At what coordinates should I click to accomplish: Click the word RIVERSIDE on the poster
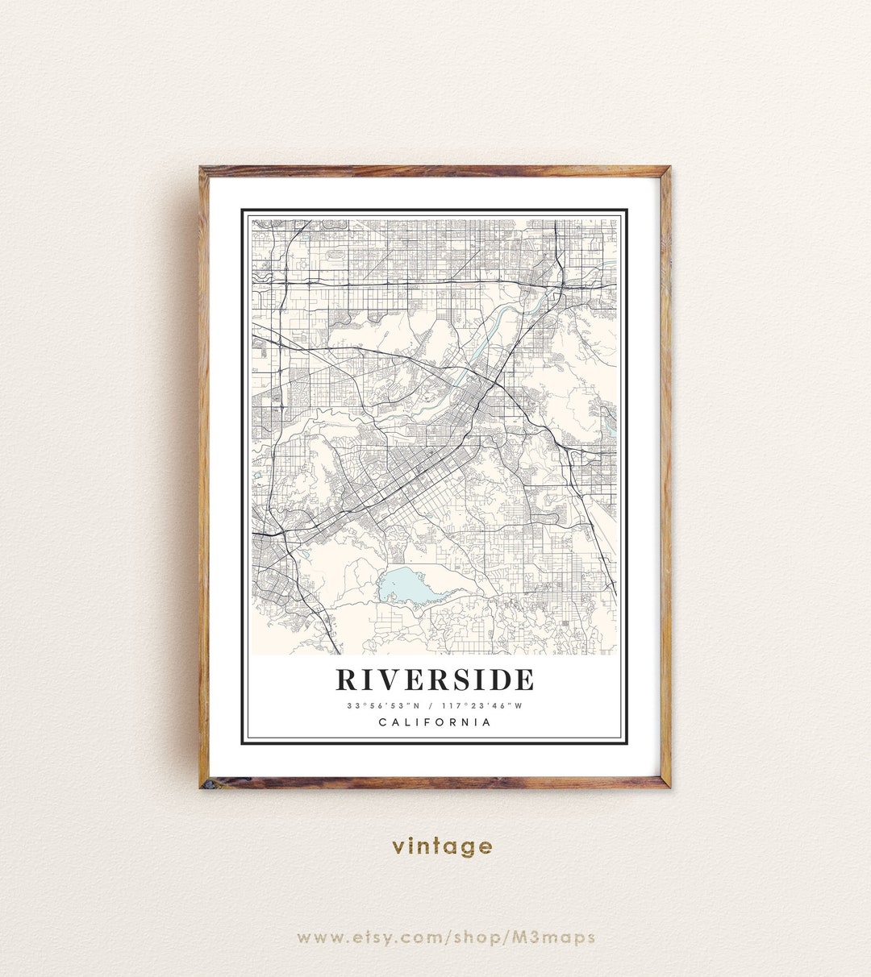click(x=435, y=680)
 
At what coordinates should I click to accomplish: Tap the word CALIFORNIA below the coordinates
click(x=435, y=722)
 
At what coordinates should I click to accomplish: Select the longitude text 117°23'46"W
click(x=483, y=705)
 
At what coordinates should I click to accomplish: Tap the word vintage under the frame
click(x=442, y=846)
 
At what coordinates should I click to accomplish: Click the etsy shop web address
click(x=446, y=937)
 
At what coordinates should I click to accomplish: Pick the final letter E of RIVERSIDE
click(x=523, y=680)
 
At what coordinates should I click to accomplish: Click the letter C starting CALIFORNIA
click(x=382, y=722)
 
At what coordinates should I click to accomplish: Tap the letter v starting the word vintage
click(x=398, y=847)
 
